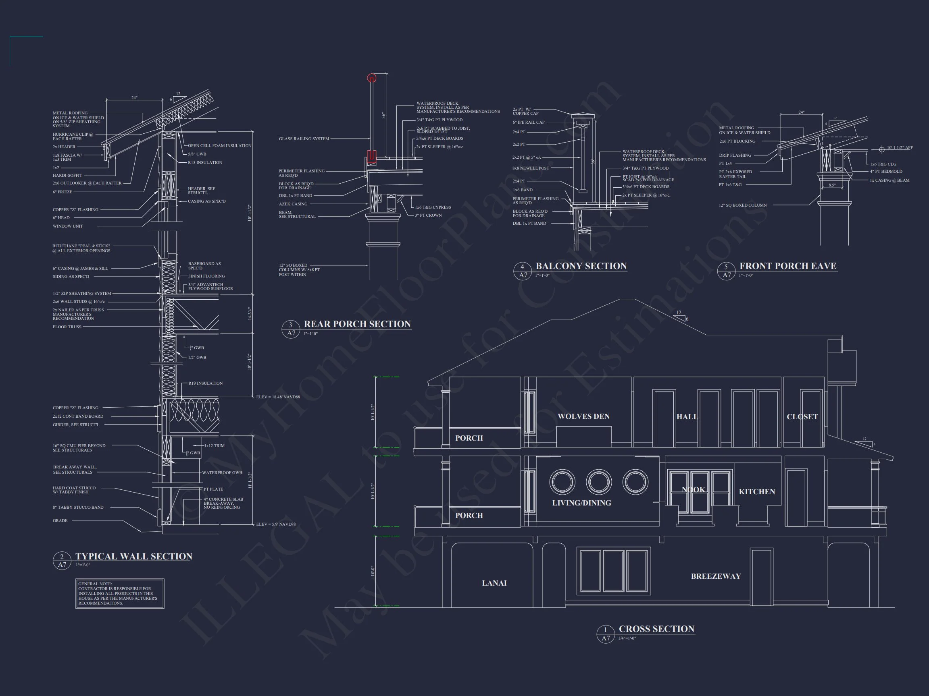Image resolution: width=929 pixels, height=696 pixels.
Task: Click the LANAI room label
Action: click(x=494, y=583)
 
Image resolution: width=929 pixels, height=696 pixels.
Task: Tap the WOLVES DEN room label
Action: click(x=583, y=416)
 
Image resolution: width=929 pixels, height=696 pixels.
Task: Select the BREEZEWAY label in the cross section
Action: click(x=716, y=576)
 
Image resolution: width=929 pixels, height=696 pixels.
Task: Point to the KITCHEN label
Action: click(x=757, y=492)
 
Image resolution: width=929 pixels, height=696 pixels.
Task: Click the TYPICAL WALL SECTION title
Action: click(x=133, y=557)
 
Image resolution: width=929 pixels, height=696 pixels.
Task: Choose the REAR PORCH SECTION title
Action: click(x=357, y=324)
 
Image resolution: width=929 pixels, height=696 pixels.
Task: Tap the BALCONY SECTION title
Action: click(x=581, y=266)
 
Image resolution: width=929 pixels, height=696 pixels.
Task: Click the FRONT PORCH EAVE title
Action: click(x=787, y=266)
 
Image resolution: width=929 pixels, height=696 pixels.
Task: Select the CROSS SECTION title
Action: click(x=656, y=629)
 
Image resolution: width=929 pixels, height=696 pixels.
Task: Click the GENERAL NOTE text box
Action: click(x=120, y=593)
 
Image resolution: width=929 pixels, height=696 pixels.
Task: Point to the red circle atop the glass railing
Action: click(x=372, y=78)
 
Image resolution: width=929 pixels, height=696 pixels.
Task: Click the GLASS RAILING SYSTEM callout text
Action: click(x=304, y=139)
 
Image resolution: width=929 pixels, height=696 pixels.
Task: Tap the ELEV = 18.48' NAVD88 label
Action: click(x=278, y=397)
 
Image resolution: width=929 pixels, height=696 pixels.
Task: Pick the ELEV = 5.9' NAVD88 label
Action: click(x=276, y=524)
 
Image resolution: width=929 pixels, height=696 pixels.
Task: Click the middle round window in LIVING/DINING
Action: click(x=598, y=482)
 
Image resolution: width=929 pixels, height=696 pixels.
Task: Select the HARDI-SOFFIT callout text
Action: click(x=67, y=175)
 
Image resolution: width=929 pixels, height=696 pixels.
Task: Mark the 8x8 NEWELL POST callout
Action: click(x=531, y=168)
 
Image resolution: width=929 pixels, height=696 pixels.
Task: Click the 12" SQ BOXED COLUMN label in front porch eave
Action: click(x=743, y=205)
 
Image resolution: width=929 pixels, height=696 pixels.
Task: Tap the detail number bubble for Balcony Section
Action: click(x=523, y=271)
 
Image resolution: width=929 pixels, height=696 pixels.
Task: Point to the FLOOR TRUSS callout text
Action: click(x=67, y=327)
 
